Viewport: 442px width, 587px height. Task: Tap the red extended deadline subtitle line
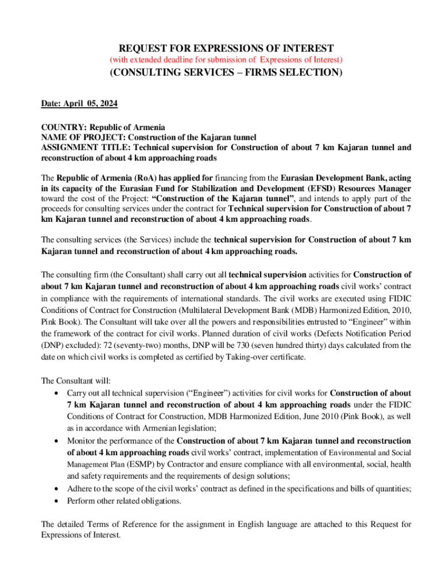226,60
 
